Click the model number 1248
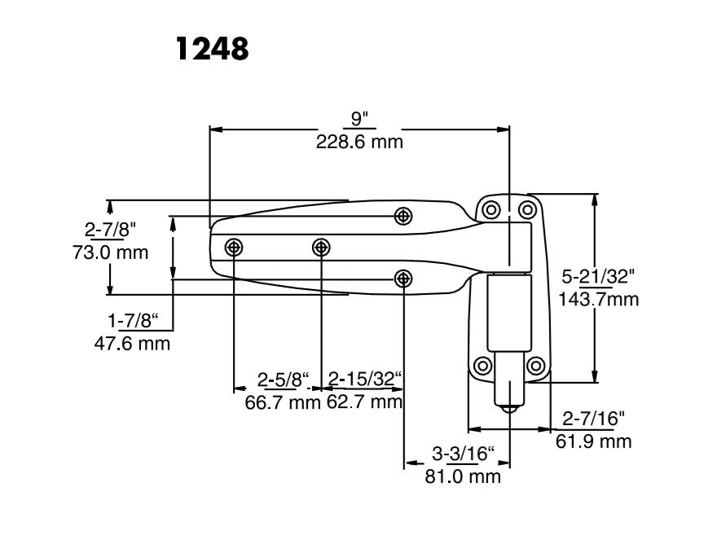[x=213, y=48]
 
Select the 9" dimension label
[x=359, y=119]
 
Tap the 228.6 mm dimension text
[x=359, y=142]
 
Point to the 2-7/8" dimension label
[x=110, y=230]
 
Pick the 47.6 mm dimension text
[x=133, y=343]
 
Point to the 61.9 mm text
[x=594, y=441]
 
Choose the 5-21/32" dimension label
[x=596, y=276]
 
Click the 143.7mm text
[x=599, y=299]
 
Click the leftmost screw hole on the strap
[x=235, y=247]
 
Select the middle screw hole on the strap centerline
[x=321, y=247]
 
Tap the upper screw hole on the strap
[x=402, y=216]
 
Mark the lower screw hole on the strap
[x=402, y=279]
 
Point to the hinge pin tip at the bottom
[x=510, y=406]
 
